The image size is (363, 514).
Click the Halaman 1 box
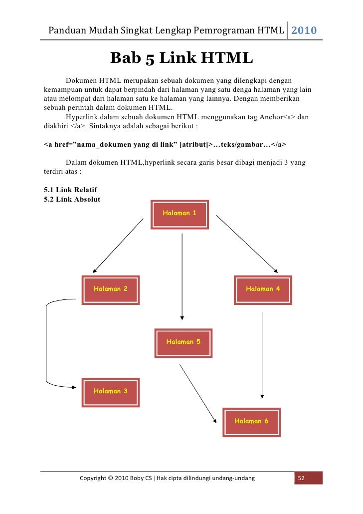(180, 215)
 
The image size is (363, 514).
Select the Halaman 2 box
(111, 290)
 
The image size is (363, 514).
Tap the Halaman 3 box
(111, 392)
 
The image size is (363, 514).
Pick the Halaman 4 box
(263, 290)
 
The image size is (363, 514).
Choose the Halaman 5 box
(183, 343)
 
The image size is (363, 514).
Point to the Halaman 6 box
(251, 422)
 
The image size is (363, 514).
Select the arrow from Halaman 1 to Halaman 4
(247, 244)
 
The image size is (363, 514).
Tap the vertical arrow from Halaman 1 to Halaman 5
(182, 277)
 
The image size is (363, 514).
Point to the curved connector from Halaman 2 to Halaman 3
(47, 344)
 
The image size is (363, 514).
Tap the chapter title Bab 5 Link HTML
(181, 58)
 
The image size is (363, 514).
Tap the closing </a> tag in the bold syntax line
(278, 144)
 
